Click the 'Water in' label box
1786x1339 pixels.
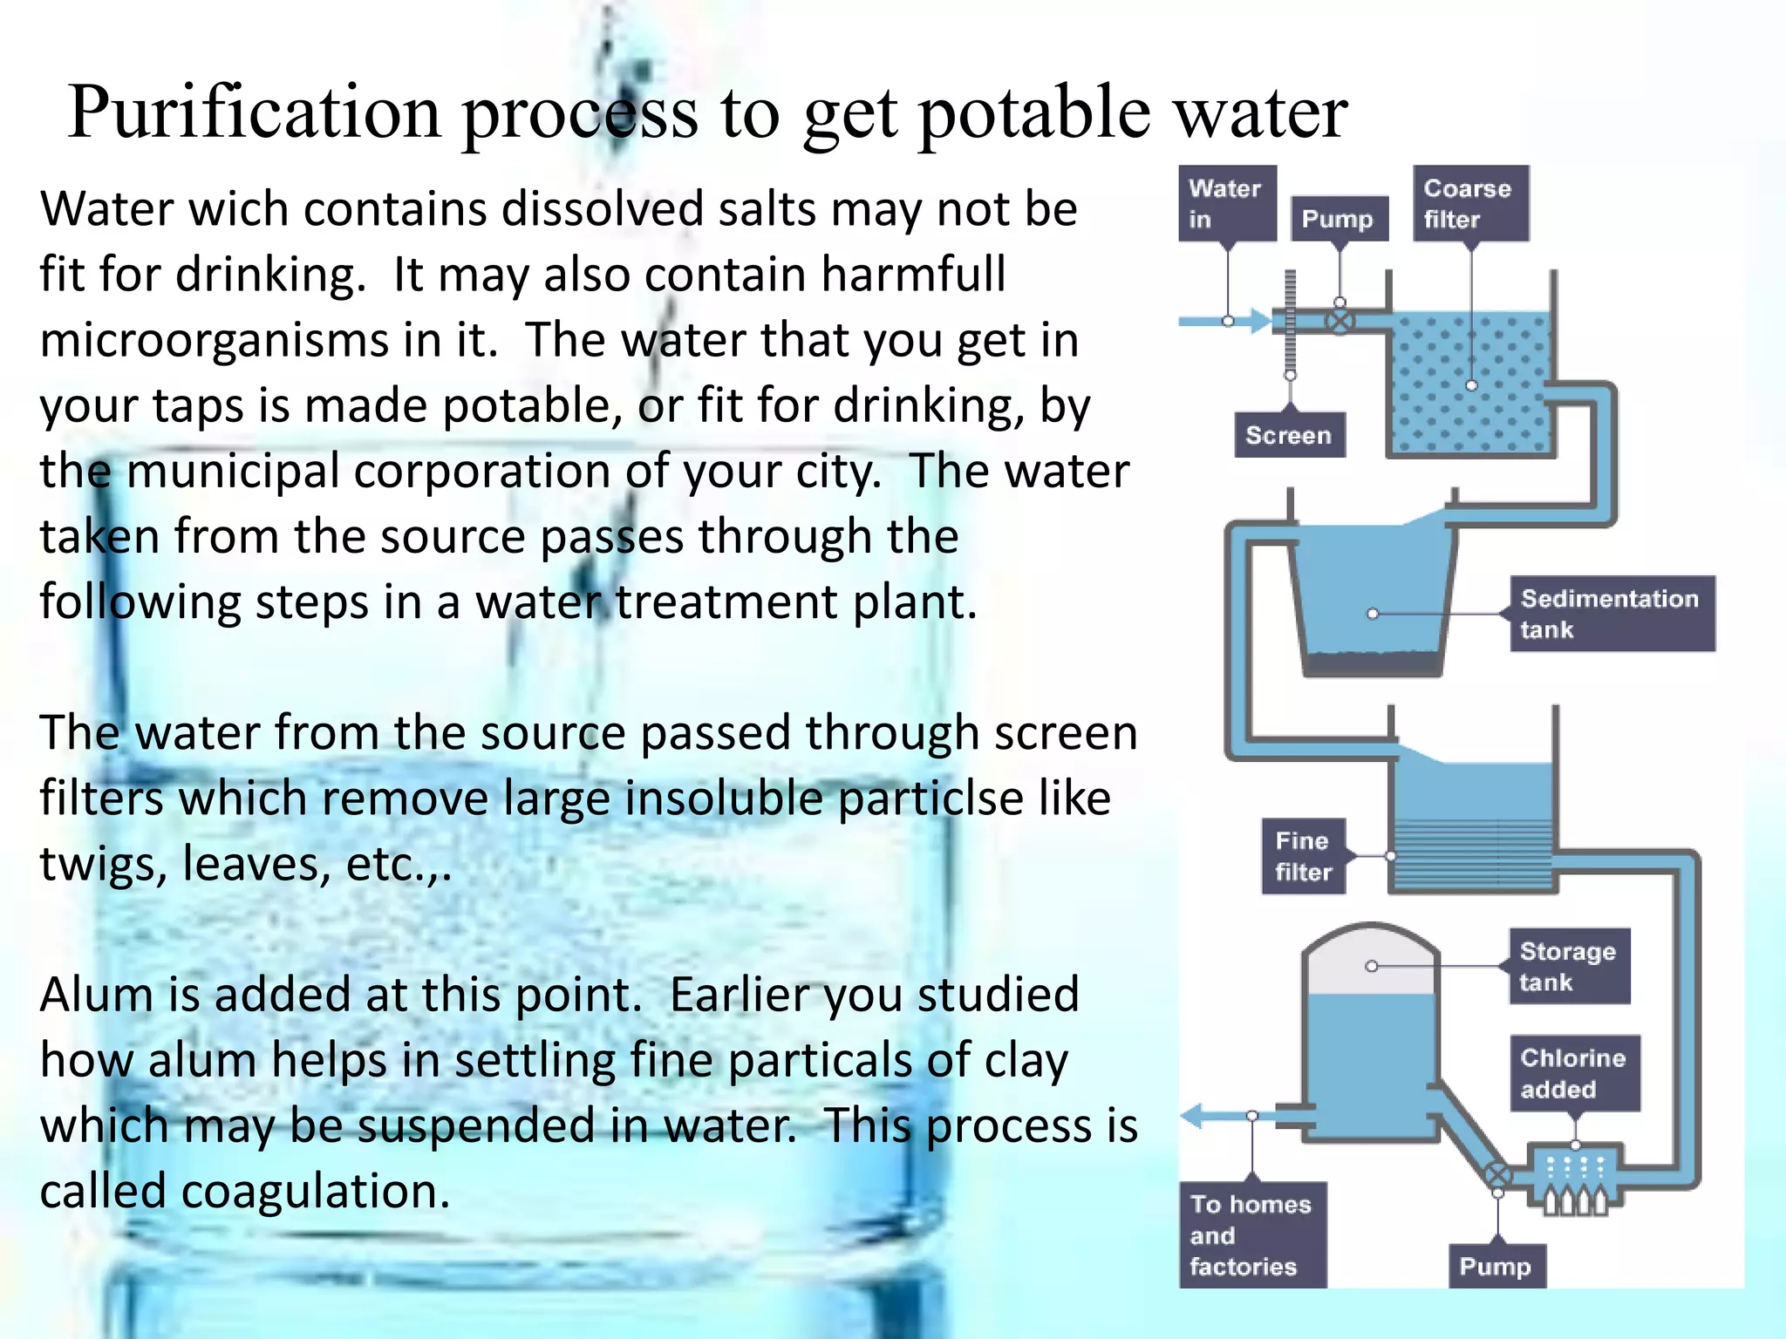coord(1227,203)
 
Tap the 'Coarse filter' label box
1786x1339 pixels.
coord(1470,203)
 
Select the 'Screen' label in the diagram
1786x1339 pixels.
coord(1289,435)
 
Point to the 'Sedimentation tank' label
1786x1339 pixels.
coord(1611,614)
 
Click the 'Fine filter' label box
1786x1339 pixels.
coord(1304,856)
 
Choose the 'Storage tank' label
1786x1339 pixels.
coord(1568,966)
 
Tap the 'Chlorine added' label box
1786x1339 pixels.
coord(1573,1073)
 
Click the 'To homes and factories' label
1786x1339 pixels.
coord(1251,1234)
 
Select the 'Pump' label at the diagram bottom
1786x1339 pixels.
coord(1496,1266)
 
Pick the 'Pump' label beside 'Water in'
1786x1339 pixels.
coord(1338,219)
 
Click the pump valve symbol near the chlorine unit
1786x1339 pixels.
coord(1497,1176)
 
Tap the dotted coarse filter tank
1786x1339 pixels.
coord(1469,384)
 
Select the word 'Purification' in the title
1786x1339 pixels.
coord(254,113)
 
